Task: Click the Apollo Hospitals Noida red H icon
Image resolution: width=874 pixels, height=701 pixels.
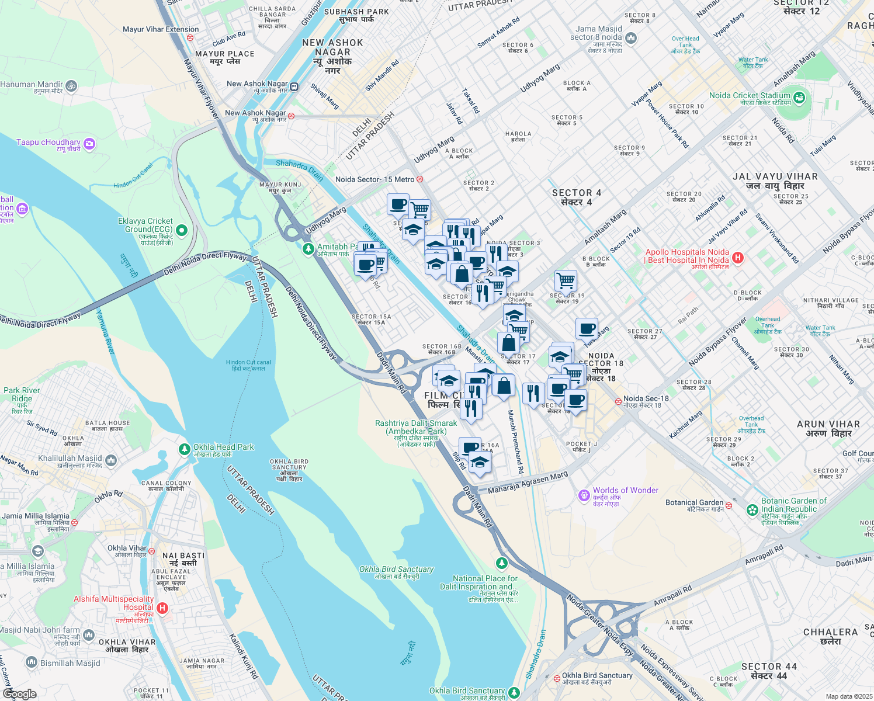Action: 738,257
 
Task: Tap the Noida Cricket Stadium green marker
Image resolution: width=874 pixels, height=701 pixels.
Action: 799,97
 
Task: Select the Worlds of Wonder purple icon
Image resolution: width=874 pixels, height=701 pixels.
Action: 584,495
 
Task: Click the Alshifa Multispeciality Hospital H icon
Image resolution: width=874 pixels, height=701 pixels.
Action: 162,608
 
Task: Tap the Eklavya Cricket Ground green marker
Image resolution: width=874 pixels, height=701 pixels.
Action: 182,230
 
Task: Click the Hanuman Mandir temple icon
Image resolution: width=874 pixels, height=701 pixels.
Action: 71,86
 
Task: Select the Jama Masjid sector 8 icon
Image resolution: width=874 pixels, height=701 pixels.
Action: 631,39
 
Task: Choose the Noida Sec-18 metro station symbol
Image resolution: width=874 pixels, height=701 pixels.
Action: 618,401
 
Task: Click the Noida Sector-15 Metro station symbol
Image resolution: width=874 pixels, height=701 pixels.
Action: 419,179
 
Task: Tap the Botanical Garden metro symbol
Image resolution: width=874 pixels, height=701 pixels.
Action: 729,505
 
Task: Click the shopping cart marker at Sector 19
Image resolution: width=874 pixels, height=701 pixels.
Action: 566,281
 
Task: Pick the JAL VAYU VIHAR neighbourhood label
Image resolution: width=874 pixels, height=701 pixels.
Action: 775,181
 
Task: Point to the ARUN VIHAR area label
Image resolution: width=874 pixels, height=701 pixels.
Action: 828,428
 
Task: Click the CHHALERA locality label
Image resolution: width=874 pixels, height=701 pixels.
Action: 830,636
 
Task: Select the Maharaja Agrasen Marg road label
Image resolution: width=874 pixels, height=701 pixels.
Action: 528,483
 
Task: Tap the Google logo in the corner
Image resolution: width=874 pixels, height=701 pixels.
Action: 19,694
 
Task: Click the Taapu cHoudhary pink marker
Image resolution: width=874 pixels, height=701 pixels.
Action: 89,143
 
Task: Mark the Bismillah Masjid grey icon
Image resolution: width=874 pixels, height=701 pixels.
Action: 32,662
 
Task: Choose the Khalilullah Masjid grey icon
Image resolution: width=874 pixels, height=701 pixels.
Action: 111,461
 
